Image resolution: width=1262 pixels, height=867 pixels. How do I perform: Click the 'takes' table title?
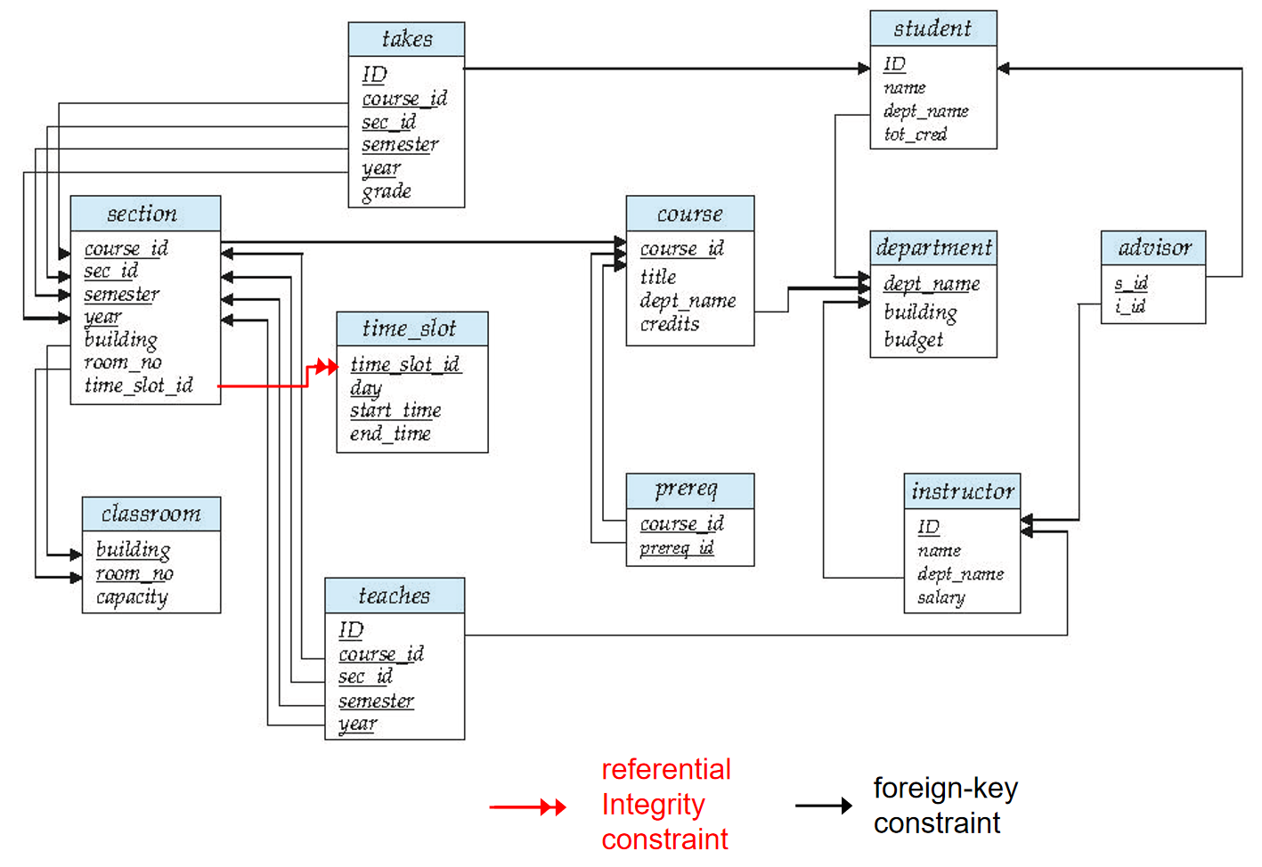pyautogui.click(x=406, y=39)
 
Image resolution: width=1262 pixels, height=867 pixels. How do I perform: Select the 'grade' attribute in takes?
pyautogui.click(x=387, y=191)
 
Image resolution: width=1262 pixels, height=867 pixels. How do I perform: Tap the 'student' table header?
pyautogui.click(x=932, y=28)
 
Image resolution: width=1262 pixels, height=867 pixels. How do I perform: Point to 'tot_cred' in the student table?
pyautogui.click(x=915, y=134)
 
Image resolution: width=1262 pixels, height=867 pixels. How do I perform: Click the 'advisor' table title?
pyautogui.click(x=1153, y=247)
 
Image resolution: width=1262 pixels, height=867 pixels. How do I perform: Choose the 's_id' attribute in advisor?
pyautogui.click(x=1131, y=283)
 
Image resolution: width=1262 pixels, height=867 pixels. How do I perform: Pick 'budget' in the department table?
pyautogui.click(x=913, y=340)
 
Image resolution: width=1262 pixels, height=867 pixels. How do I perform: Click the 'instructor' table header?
pyautogui.click(x=962, y=491)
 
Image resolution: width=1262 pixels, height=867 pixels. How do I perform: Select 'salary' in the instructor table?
pyautogui.click(x=940, y=597)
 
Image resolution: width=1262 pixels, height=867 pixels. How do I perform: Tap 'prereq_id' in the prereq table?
pyautogui.click(x=676, y=547)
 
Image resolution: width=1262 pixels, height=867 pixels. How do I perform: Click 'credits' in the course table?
pyautogui.click(x=670, y=324)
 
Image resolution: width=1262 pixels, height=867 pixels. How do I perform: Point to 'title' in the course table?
pyautogui.click(x=658, y=277)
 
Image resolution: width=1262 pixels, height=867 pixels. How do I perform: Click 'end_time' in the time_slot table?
pyautogui.click(x=390, y=433)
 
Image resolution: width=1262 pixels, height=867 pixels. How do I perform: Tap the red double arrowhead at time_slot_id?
pyautogui.click(x=326, y=367)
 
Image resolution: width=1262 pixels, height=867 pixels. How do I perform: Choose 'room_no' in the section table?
pyautogui.click(x=123, y=362)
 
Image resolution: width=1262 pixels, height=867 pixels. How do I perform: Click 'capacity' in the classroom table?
pyautogui.click(x=132, y=597)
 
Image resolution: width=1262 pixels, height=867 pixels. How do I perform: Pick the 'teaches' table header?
pyautogui.click(x=394, y=596)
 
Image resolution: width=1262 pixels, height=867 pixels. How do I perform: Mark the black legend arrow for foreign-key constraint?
pyautogui.click(x=824, y=806)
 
